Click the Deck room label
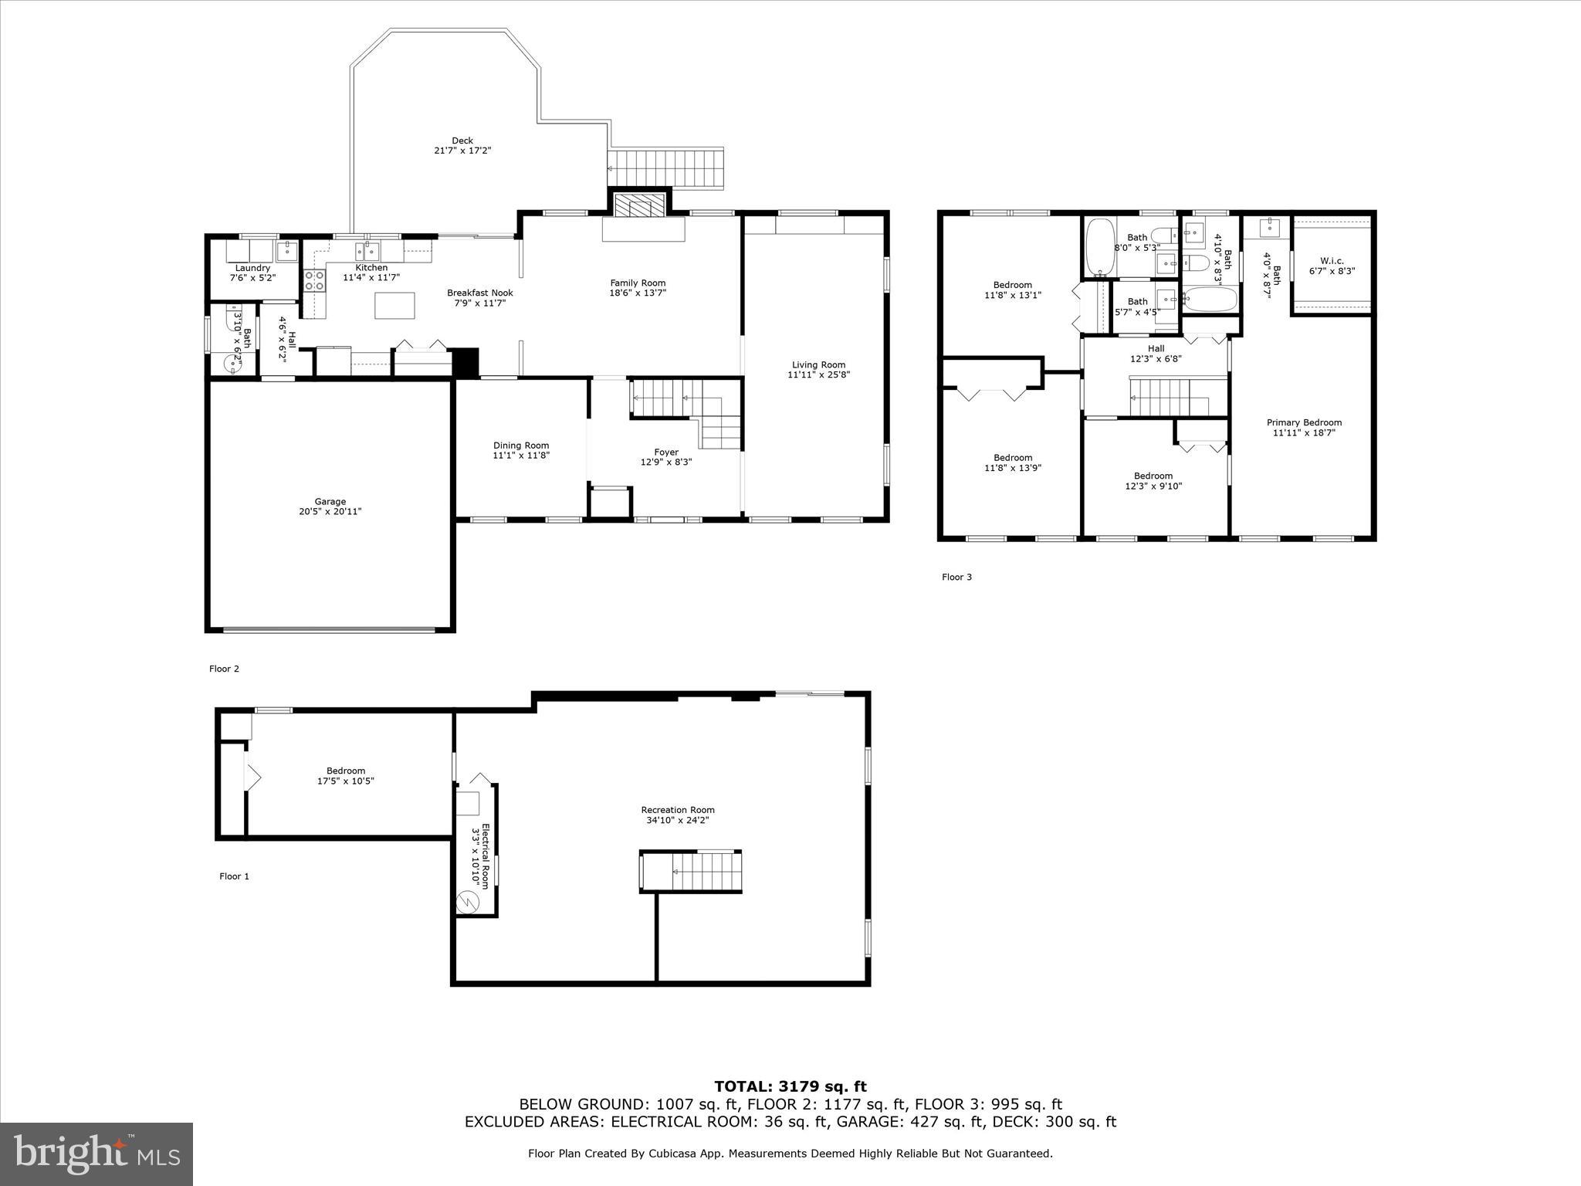[x=462, y=141]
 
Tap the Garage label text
[x=330, y=501]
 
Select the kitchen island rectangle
[x=394, y=305]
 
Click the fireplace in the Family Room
[x=638, y=206]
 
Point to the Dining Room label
[x=521, y=446]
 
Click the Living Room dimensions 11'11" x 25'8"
[x=818, y=375]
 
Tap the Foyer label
[x=666, y=452]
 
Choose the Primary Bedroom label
[x=1304, y=422]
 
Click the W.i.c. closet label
[x=1332, y=261]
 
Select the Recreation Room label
[x=678, y=810]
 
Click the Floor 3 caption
[x=956, y=577]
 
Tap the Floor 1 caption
[x=234, y=876]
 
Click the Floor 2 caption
[x=224, y=669]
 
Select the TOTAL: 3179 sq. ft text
[x=790, y=1087]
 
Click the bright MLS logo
[x=96, y=1154]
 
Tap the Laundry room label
[x=252, y=268]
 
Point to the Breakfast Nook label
[x=479, y=293]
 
